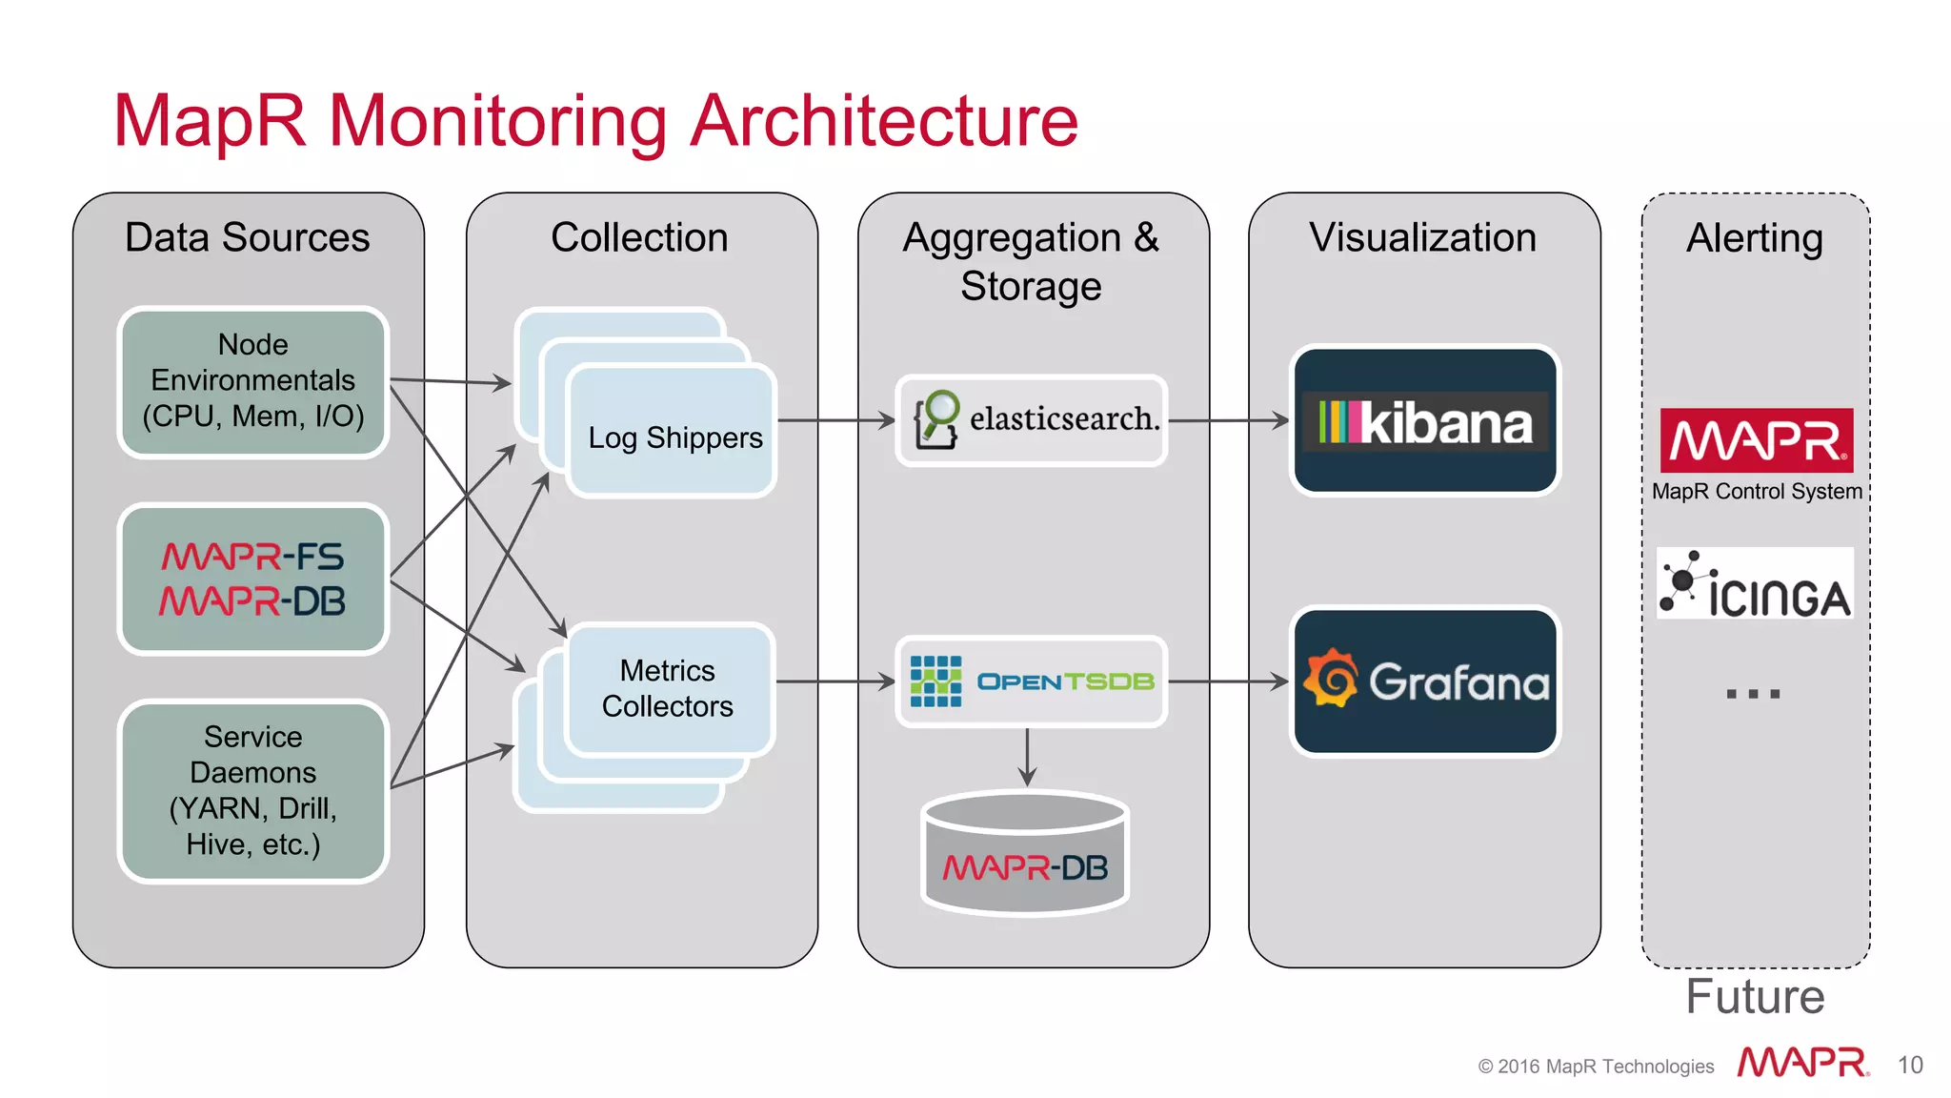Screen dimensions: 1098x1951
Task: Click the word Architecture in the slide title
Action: click(x=884, y=122)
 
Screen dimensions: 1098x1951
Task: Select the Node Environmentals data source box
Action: click(x=252, y=381)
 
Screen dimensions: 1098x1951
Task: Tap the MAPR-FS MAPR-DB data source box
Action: click(x=252, y=579)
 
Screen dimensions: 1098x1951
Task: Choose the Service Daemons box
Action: click(x=252, y=790)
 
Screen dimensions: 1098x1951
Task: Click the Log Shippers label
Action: click(x=674, y=437)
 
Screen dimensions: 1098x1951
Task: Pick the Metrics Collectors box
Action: click(x=668, y=688)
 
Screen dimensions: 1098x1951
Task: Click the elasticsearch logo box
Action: click(x=1032, y=420)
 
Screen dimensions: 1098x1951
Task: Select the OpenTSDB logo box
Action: click(x=1032, y=681)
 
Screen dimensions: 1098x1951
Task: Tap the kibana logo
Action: click(x=1424, y=421)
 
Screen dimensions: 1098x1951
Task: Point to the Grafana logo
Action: click(x=1424, y=681)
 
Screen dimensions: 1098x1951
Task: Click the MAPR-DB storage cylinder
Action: click(x=1026, y=855)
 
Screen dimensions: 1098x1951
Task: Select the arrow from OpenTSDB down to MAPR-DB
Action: click(x=1027, y=758)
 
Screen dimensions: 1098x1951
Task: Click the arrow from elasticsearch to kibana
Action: click(x=1228, y=420)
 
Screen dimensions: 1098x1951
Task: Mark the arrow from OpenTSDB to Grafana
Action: click(x=1228, y=681)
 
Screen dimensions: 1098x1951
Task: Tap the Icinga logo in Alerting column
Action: click(x=1755, y=583)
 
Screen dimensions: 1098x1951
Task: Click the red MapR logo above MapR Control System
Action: click(x=1756, y=440)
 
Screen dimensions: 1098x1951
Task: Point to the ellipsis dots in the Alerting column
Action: click(x=1753, y=694)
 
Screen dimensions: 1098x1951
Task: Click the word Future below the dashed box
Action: click(x=1755, y=997)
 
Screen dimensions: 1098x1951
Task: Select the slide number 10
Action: click(x=1910, y=1065)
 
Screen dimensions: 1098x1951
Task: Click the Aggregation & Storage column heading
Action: click(x=1032, y=261)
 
